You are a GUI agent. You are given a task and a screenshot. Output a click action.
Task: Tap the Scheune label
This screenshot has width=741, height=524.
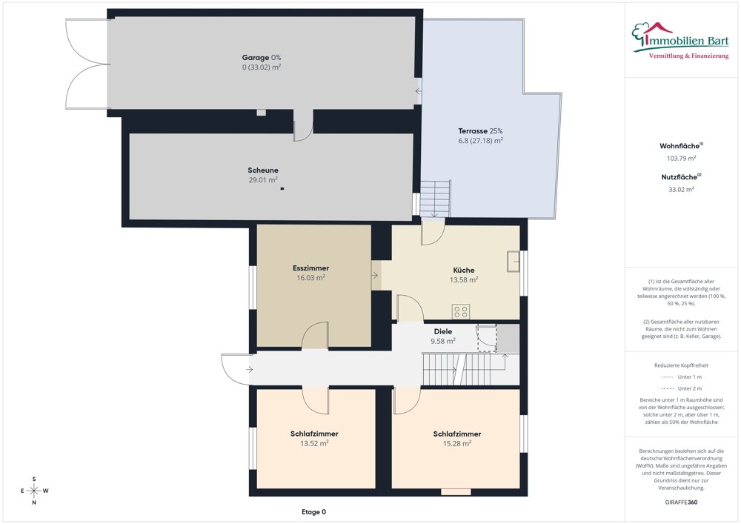coord(263,170)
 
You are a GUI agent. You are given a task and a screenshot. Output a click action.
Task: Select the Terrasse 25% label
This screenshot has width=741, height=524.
coord(480,131)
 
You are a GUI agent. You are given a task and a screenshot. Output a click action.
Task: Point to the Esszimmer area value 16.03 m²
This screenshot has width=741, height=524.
coord(310,278)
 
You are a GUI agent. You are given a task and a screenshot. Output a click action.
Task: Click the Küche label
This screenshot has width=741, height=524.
coord(464,270)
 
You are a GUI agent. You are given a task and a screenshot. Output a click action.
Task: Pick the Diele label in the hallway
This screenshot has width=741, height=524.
coord(443,332)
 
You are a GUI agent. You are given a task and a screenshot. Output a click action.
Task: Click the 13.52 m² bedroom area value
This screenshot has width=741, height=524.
coord(314,443)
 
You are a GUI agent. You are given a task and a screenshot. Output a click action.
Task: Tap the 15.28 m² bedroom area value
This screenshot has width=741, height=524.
coord(457,443)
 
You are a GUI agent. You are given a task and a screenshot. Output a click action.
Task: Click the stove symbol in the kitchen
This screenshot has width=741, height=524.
coord(461,312)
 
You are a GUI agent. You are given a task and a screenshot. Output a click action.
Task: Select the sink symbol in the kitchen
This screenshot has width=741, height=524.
coord(514,262)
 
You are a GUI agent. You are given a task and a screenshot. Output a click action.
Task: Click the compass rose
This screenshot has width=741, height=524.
coord(34,491)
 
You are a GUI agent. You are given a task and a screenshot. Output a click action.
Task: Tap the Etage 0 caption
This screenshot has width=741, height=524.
coord(313,511)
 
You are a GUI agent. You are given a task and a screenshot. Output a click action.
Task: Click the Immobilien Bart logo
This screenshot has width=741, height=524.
coord(680,41)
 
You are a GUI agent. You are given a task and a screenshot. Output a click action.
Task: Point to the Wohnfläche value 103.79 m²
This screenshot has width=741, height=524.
coord(681,159)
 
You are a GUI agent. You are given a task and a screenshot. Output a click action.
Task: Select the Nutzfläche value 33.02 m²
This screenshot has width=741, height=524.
coord(681,190)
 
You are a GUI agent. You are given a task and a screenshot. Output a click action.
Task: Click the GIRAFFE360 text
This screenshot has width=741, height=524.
coord(681,503)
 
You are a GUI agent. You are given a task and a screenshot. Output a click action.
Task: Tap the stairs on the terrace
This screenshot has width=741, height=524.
coord(435,199)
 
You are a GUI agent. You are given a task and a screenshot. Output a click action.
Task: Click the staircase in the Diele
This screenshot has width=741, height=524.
coord(465,369)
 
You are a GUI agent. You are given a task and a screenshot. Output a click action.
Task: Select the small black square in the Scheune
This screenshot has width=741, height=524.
coord(282,188)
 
